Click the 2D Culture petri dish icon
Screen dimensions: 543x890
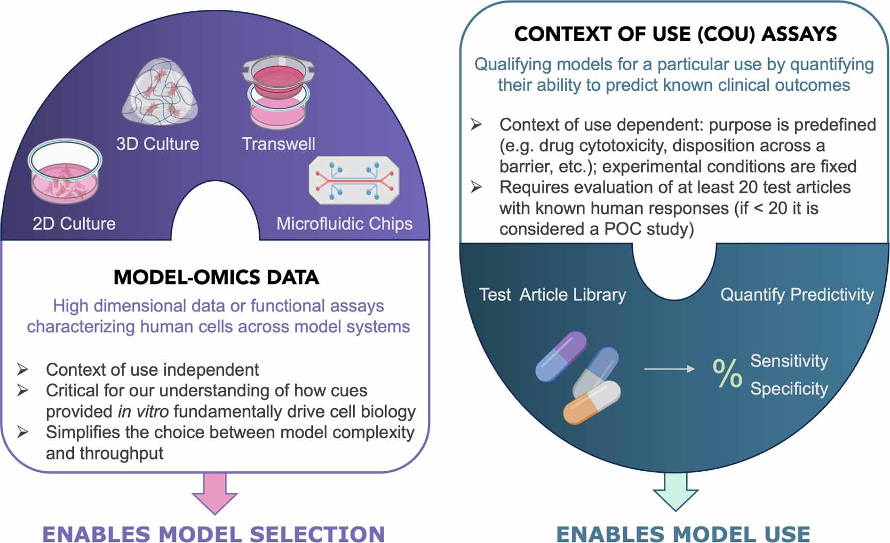[65, 171]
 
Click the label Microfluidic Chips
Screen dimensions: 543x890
[344, 223]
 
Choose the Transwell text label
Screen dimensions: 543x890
[278, 143]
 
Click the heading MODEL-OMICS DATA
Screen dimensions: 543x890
[216, 277]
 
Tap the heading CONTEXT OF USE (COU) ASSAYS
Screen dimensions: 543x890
[675, 34]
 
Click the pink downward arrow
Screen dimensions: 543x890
[215, 493]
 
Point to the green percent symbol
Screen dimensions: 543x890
[727, 373]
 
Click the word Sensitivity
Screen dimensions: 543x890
[789, 361]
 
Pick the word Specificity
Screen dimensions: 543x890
[789, 388]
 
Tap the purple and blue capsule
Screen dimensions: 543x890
[561, 356]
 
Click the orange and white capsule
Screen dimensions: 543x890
[592, 403]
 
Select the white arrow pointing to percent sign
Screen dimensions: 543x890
[670, 369]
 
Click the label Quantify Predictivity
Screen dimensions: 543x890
[797, 294]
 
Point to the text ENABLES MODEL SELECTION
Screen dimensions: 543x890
[214, 534]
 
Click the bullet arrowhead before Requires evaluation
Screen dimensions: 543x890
[476, 187]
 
